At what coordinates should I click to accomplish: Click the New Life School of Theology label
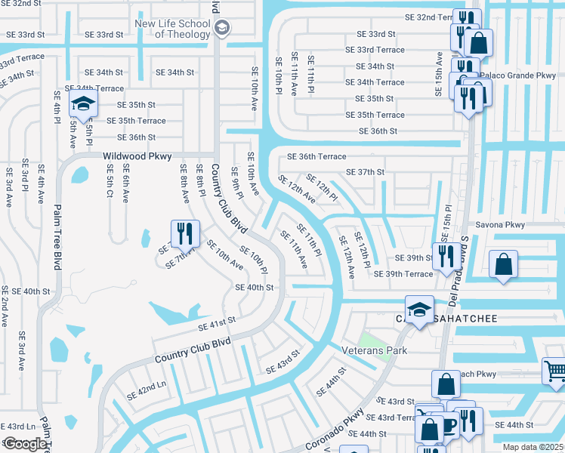pos(173,29)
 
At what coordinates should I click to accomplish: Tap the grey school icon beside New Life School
pos(222,29)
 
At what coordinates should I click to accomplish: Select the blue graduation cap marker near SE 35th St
pos(85,105)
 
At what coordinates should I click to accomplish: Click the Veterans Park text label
pos(374,350)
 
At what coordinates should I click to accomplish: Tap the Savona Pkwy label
pos(499,225)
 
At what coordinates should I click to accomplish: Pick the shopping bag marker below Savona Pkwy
pos(503,266)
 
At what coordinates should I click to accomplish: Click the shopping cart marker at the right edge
pos(554,371)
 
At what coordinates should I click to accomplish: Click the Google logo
pos(24,443)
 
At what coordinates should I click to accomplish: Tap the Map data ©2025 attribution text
pos(533,447)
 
